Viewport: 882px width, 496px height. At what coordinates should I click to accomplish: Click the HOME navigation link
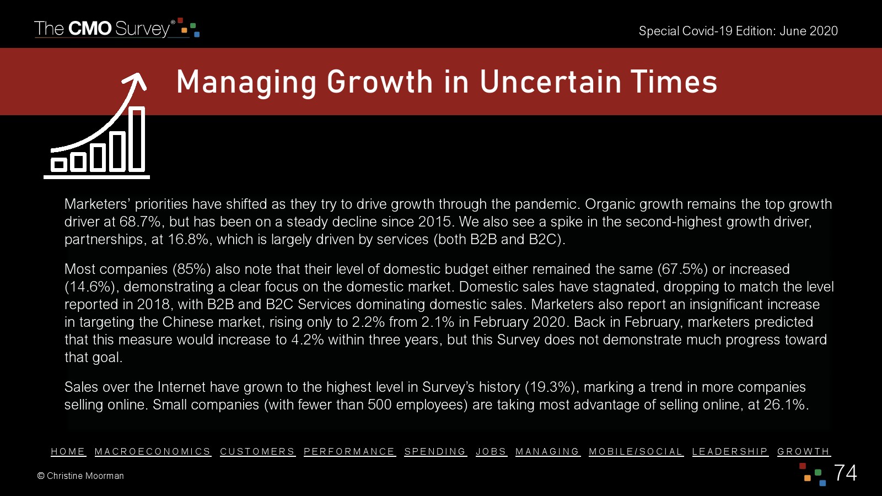(x=68, y=451)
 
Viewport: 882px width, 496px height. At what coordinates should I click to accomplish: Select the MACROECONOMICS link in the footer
(x=153, y=451)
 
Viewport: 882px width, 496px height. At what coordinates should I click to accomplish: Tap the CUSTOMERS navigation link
(x=257, y=451)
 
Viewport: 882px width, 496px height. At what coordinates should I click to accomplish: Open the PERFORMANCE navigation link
(x=349, y=451)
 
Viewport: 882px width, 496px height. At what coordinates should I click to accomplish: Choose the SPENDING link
(x=435, y=451)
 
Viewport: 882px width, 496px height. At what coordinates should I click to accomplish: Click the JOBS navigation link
(x=491, y=451)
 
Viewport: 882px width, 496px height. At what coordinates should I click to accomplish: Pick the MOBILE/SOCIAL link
(x=636, y=451)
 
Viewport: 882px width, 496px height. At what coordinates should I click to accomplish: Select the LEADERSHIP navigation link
(x=730, y=451)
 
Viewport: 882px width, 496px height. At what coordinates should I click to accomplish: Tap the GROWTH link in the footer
(x=804, y=451)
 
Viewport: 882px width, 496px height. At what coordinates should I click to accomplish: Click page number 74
(x=846, y=473)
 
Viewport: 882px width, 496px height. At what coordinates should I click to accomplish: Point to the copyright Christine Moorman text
(x=80, y=476)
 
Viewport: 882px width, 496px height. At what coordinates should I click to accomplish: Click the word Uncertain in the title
(x=551, y=82)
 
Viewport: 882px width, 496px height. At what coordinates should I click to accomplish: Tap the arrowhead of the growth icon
(x=136, y=80)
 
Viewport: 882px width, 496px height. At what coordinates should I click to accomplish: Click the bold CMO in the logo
(x=90, y=29)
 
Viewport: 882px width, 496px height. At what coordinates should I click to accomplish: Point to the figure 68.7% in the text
(x=140, y=222)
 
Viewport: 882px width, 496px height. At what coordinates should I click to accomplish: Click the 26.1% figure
(x=784, y=405)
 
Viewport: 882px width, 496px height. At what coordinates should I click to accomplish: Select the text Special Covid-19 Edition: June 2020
(x=738, y=31)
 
